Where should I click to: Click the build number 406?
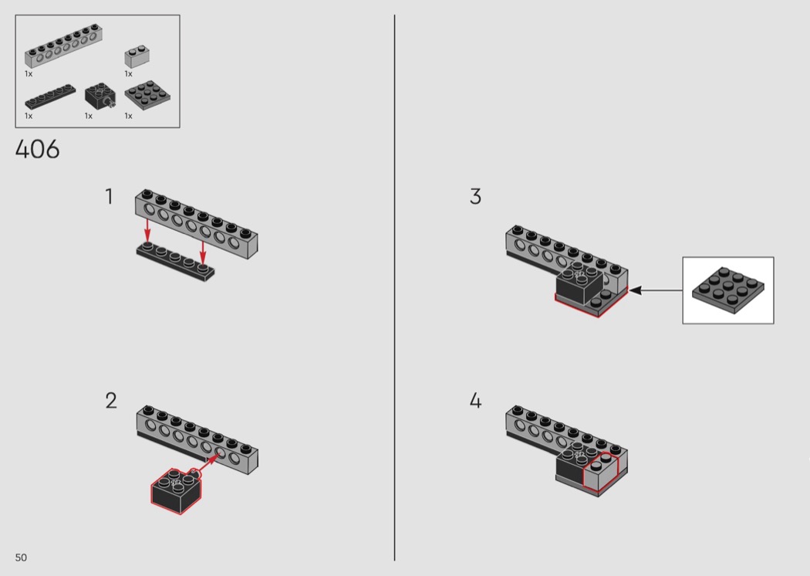pyautogui.click(x=37, y=150)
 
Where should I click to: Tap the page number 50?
pyautogui.click(x=21, y=557)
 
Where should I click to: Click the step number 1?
pyautogui.click(x=109, y=196)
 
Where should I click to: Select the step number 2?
pyautogui.click(x=111, y=401)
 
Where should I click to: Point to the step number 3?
pyautogui.click(x=475, y=196)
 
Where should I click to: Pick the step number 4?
pyautogui.click(x=475, y=401)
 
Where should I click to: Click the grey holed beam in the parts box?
pyautogui.click(x=63, y=46)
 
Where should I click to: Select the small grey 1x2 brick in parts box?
pyautogui.click(x=137, y=57)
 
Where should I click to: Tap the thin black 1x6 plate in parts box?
pyautogui.click(x=50, y=97)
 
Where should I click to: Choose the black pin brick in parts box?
pyautogui.click(x=100, y=97)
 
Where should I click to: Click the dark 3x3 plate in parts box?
pyautogui.click(x=147, y=95)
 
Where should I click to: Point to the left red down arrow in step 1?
pyautogui.click(x=147, y=230)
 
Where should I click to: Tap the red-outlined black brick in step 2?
pyautogui.click(x=176, y=491)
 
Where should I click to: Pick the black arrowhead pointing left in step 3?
pyautogui.click(x=636, y=290)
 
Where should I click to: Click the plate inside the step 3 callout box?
pyautogui.click(x=728, y=290)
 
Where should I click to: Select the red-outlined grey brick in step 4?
pyautogui.click(x=601, y=472)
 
